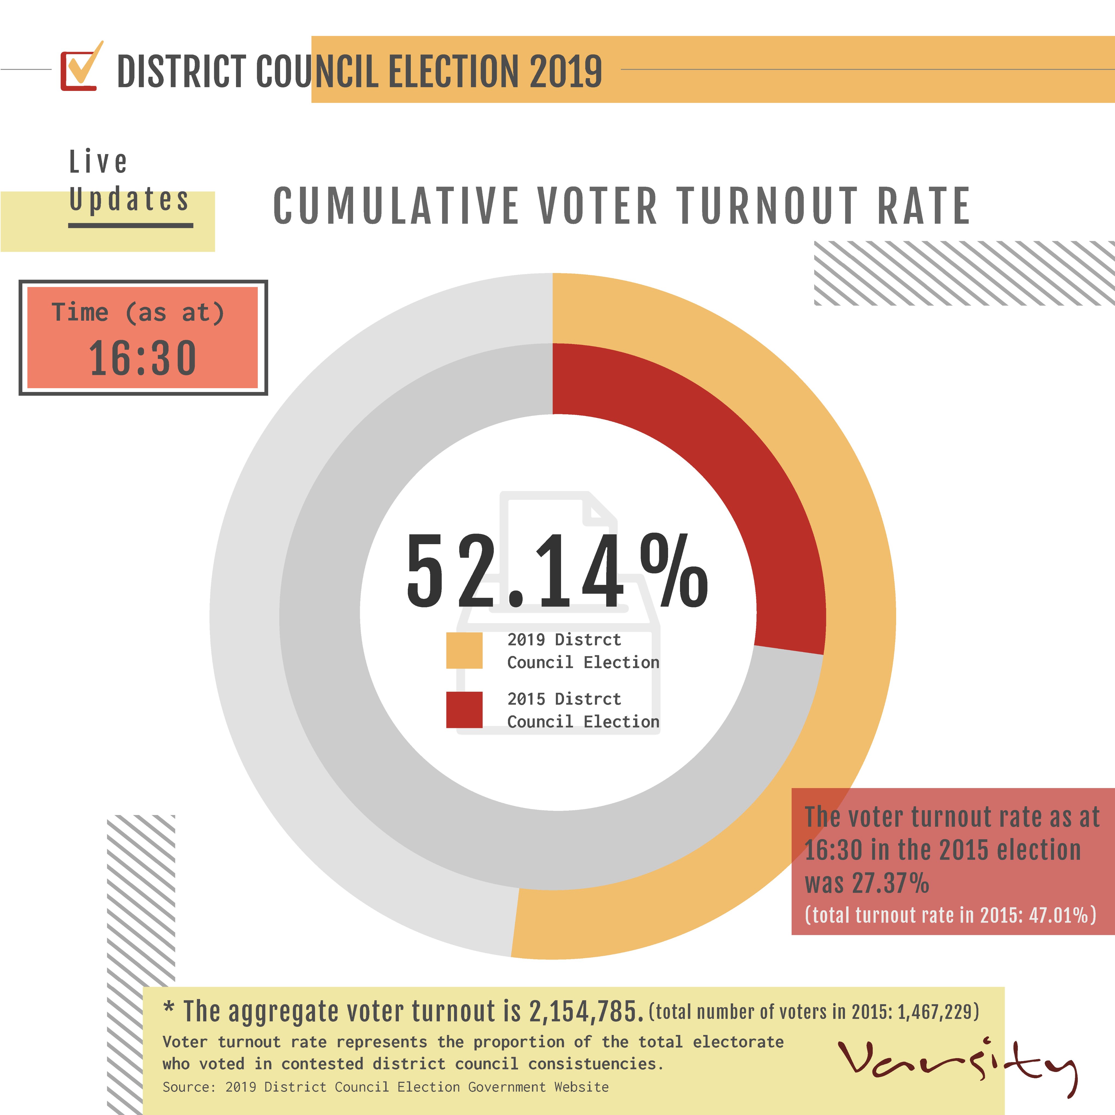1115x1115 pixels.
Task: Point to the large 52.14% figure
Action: coord(557,571)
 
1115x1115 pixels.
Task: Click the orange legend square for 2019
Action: coord(464,650)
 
